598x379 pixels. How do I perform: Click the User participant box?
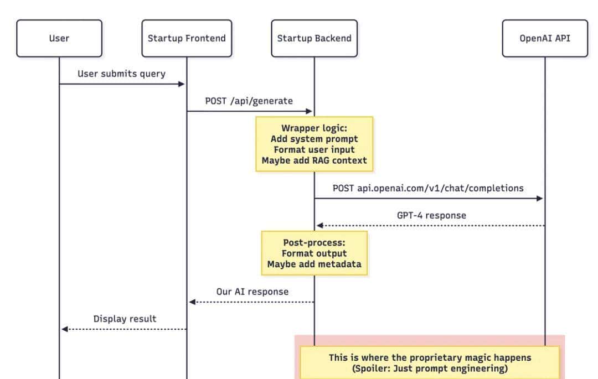[x=59, y=38]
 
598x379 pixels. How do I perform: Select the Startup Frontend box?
[x=187, y=38]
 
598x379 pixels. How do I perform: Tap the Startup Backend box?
[x=314, y=38]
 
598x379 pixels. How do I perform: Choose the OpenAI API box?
[x=545, y=38]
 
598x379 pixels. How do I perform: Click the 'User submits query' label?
[x=121, y=74]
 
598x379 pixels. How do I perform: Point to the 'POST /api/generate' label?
[x=249, y=101]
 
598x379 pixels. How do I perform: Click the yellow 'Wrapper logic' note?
[x=314, y=144]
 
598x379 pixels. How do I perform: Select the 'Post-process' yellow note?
[x=314, y=253]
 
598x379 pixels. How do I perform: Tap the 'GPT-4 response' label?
[x=431, y=215]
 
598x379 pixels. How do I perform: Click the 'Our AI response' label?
[x=252, y=291]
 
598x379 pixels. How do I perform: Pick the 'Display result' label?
[x=125, y=319]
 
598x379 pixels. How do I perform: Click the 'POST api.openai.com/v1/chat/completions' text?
[x=428, y=188]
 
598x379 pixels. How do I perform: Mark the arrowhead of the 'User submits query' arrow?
[x=181, y=84]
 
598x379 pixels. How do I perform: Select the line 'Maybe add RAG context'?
[x=314, y=160]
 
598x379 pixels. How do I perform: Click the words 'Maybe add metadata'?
[x=314, y=264]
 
